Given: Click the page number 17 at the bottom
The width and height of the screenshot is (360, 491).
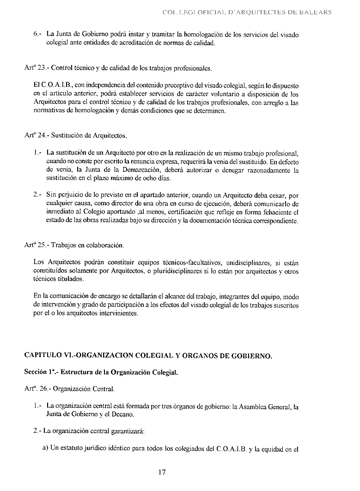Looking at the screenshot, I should [x=161, y=472].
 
